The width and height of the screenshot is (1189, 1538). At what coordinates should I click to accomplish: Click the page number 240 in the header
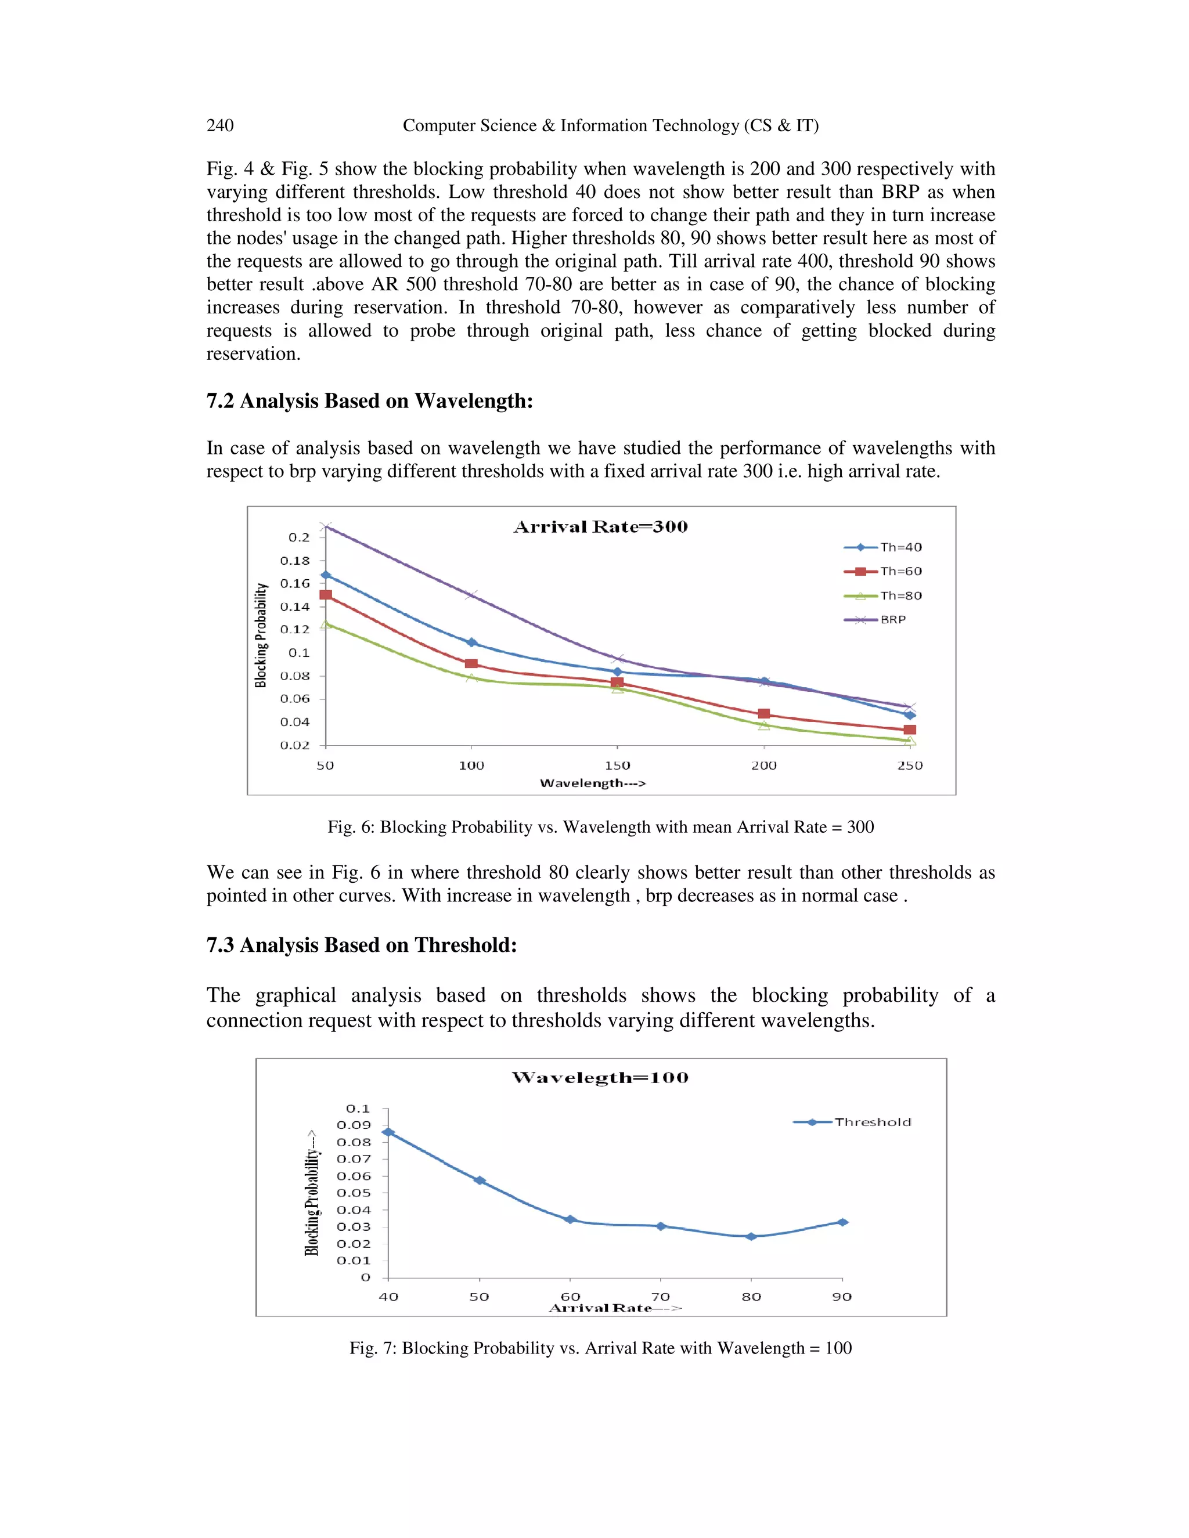click(x=220, y=125)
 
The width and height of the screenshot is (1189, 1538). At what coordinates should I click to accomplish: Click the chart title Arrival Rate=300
click(x=600, y=527)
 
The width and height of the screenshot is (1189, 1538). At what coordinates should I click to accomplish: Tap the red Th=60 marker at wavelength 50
click(x=326, y=595)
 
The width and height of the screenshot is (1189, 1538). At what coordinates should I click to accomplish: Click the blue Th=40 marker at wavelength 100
click(x=472, y=642)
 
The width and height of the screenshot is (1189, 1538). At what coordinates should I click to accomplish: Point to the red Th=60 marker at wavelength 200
click(x=764, y=714)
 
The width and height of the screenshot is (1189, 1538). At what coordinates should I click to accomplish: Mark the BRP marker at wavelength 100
click(x=471, y=595)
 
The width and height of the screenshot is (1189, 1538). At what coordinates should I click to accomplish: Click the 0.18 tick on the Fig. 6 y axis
click(x=294, y=561)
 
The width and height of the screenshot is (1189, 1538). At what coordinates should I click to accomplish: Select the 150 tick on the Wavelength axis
click(x=618, y=766)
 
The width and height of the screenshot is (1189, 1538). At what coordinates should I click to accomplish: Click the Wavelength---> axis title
click(x=592, y=783)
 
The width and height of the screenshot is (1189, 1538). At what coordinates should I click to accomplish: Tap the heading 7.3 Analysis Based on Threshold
click(x=361, y=945)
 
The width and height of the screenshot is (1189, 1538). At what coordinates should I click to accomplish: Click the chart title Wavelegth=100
click(x=600, y=1077)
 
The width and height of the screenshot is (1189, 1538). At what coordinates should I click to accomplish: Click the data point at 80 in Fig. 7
click(x=751, y=1237)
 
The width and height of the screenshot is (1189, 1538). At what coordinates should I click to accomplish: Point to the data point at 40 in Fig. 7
click(x=388, y=1132)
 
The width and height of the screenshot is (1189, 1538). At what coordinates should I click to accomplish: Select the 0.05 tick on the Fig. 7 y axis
click(x=354, y=1193)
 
